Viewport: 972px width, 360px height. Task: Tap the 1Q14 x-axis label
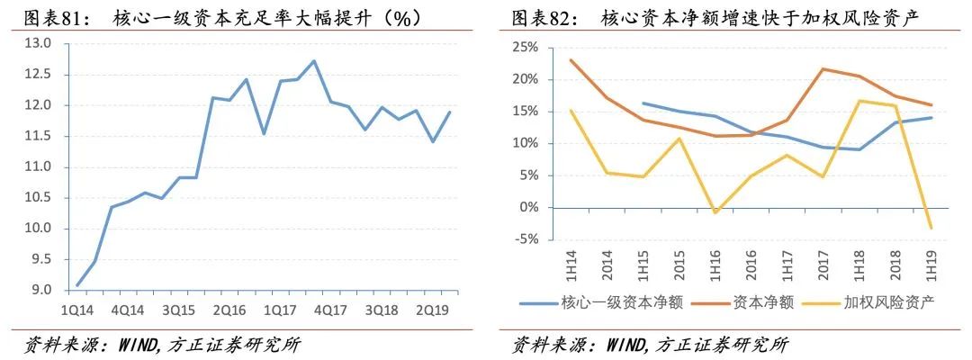pos(77,309)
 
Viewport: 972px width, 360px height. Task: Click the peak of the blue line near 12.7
pos(313,61)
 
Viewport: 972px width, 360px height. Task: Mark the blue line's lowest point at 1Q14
pos(77,285)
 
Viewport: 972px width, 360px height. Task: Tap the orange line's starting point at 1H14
pos(571,60)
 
